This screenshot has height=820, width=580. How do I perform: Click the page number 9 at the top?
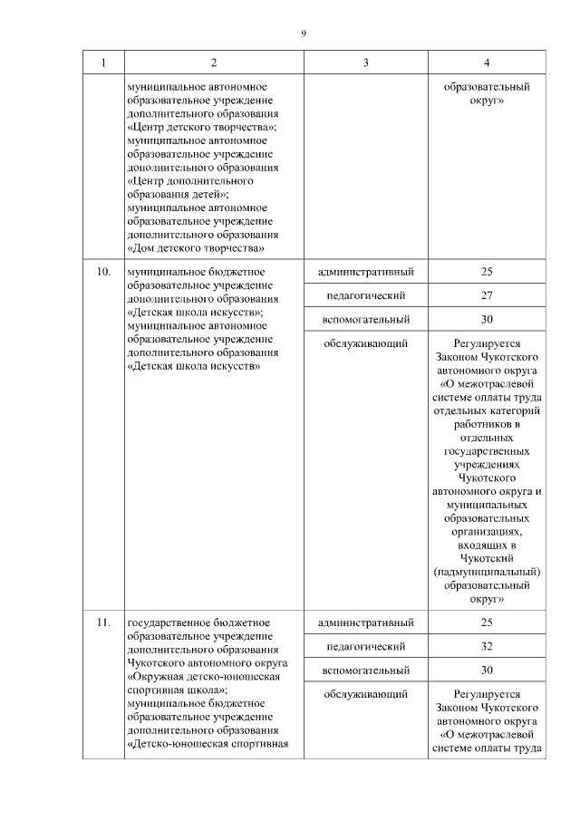point(304,34)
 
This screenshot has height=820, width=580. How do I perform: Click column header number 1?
point(103,63)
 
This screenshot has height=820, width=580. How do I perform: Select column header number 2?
point(214,63)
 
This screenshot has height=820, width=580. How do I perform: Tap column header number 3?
point(365,63)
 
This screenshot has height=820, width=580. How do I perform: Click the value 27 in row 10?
point(487,295)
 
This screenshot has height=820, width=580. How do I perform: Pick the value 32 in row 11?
point(487,646)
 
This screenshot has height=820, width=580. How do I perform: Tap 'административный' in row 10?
point(366,272)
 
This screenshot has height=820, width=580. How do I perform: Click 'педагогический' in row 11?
point(366,646)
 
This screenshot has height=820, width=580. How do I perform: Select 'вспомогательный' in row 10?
point(366,319)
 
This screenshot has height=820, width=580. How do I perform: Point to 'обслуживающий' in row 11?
point(366,694)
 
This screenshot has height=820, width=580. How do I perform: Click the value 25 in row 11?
point(487,622)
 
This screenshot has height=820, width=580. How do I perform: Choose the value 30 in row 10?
point(487,319)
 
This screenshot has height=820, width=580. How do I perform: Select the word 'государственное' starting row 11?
point(167,622)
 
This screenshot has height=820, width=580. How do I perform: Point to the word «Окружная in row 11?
point(159,676)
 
